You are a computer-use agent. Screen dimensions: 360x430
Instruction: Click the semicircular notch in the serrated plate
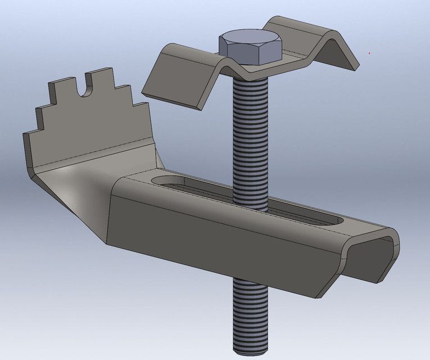click(87, 88)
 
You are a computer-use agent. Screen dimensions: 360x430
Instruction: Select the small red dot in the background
click(369, 53)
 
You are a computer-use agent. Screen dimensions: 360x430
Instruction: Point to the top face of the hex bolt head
click(250, 40)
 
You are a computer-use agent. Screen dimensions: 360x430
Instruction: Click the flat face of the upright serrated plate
click(90, 129)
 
